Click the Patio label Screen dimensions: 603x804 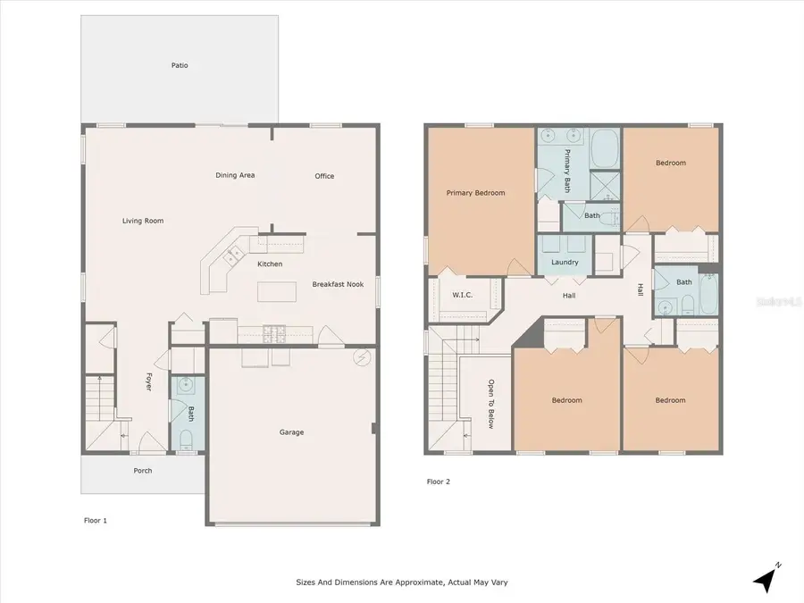[180, 65]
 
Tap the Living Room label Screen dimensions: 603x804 [143, 221]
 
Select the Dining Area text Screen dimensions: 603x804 [235, 175]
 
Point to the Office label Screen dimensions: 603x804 [324, 176]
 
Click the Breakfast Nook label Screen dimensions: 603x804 [336, 285]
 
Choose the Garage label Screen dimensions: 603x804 [291, 432]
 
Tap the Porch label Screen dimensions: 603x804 [143, 471]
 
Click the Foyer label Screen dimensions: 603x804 [148, 381]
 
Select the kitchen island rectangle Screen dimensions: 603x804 [276, 292]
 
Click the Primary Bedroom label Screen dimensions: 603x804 [476, 193]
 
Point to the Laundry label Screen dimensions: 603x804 [565, 262]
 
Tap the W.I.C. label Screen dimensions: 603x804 [462, 294]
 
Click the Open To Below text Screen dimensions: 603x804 [490, 404]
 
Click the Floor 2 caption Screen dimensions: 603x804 [439, 482]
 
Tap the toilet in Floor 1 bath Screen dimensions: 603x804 [187, 439]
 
